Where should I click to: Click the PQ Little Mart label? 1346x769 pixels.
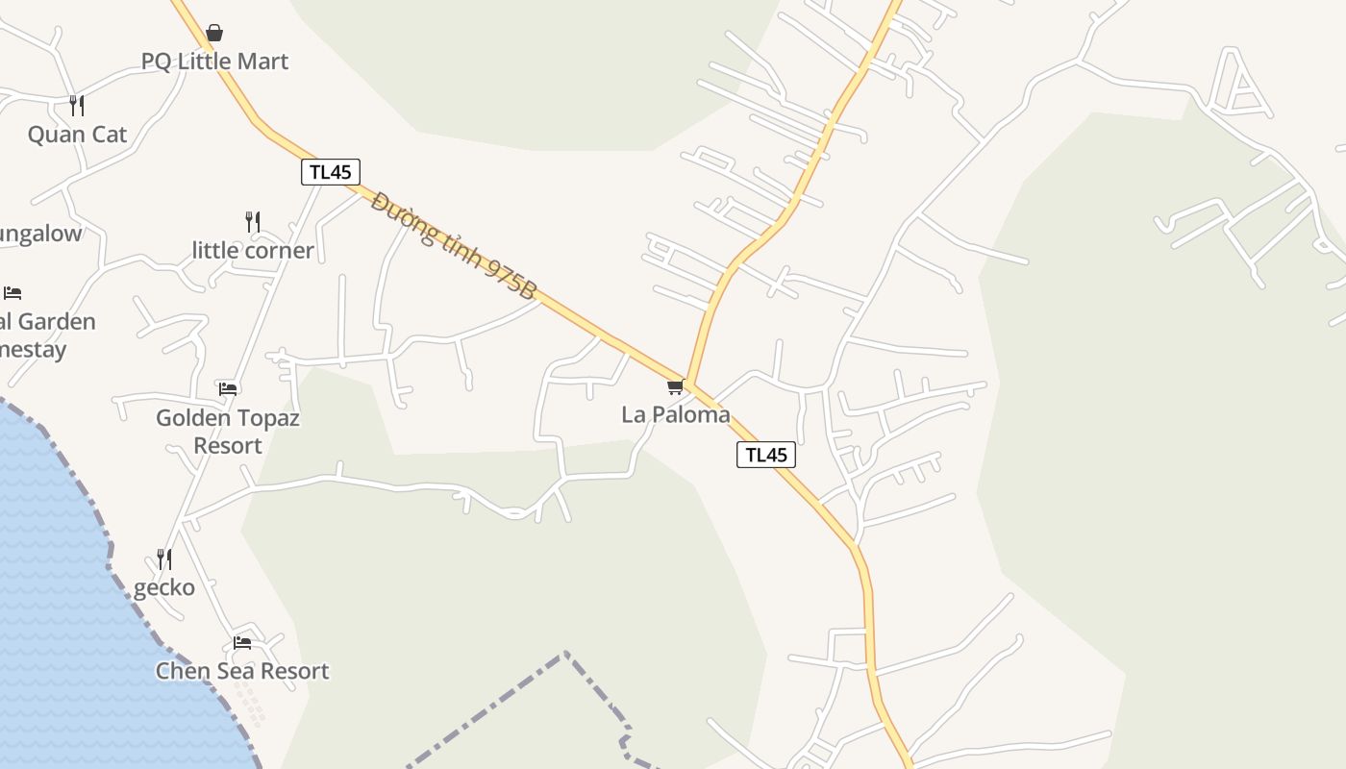click(214, 62)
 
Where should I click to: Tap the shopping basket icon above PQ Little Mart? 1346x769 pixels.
click(214, 34)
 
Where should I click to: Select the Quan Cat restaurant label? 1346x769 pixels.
click(77, 134)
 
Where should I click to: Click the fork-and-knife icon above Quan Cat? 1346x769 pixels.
click(77, 105)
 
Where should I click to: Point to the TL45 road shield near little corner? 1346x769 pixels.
click(331, 172)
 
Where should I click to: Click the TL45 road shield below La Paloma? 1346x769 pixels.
click(766, 455)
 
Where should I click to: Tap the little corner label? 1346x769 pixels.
click(253, 250)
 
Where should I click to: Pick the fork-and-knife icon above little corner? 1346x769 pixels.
click(253, 222)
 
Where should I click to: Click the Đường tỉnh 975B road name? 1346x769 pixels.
click(452, 246)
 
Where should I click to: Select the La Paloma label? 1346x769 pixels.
click(676, 414)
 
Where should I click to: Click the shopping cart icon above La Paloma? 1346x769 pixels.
click(675, 387)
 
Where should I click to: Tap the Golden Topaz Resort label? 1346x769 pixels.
click(228, 432)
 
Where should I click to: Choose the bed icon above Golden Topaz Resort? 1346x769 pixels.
click(228, 389)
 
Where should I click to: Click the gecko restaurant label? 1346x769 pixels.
click(164, 587)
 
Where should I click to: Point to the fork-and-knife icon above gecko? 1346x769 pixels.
click(164, 558)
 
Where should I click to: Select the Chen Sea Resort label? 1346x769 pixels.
click(242, 671)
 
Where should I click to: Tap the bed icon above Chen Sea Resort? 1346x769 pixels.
click(242, 642)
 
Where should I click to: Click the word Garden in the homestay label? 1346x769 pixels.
click(56, 321)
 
